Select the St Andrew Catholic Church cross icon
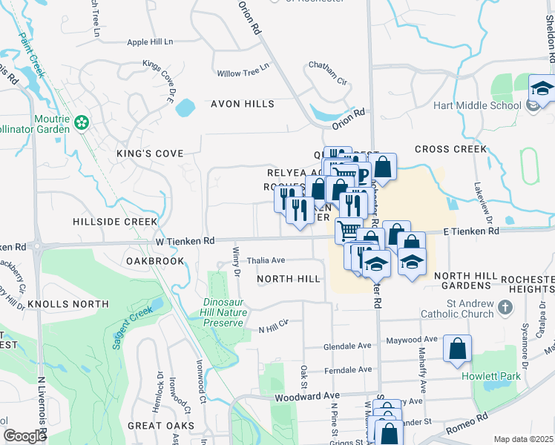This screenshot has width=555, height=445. [504, 306]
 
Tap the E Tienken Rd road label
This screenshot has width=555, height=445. [471, 231]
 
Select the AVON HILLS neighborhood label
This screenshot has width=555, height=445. [242, 104]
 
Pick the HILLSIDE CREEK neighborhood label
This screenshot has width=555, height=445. [115, 222]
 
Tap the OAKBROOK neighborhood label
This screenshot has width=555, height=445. [154, 261]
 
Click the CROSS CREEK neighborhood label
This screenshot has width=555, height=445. [450, 149]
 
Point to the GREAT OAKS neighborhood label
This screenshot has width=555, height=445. [161, 426]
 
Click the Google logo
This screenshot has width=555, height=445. [24, 436]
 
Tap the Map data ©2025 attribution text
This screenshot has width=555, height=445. [523, 439]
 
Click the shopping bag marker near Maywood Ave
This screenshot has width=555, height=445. [457, 348]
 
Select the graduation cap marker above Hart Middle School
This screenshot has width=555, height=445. [542, 90]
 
